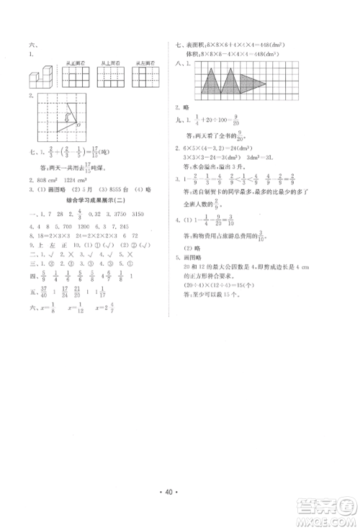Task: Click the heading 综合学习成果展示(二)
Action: [x=92, y=198]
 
